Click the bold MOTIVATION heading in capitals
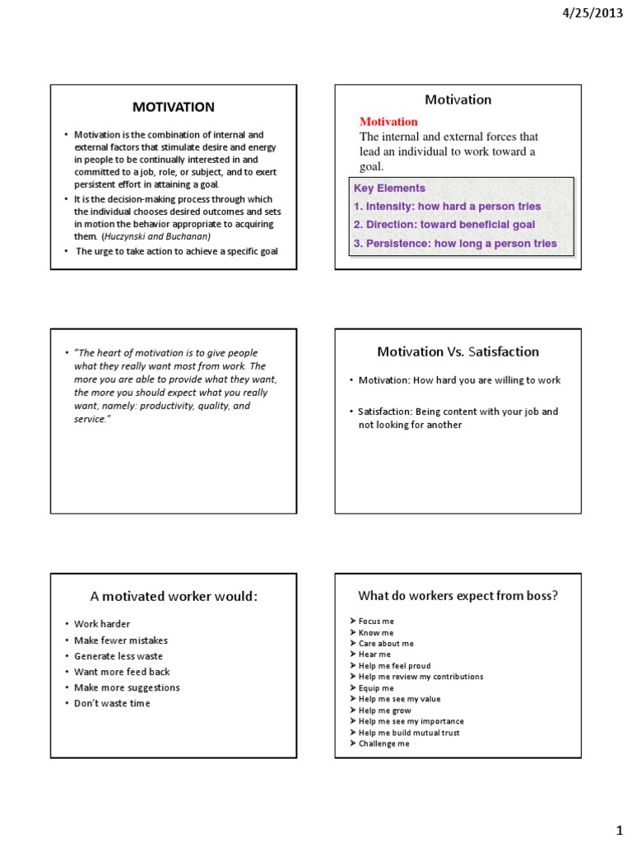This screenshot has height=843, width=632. (x=174, y=107)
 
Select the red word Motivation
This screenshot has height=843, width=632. (x=388, y=122)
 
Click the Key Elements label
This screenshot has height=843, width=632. (x=389, y=188)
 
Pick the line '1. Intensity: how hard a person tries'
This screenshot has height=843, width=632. (x=447, y=206)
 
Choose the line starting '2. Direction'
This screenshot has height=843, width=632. (x=444, y=225)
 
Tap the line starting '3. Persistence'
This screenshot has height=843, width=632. (x=455, y=244)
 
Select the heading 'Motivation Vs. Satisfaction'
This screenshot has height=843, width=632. (x=458, y=352)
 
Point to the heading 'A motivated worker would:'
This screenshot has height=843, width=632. (x=174, y=596)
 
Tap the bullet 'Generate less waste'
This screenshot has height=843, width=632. (x=118, y=656)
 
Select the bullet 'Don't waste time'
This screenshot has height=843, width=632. (x=112, y=703)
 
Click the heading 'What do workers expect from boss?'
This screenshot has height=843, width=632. (x=458, y=595)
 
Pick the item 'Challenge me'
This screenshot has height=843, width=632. (x=383, y=743)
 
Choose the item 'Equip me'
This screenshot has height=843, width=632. (x=376, y=687)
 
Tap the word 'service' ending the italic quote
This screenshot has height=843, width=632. (x=90, y=418)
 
